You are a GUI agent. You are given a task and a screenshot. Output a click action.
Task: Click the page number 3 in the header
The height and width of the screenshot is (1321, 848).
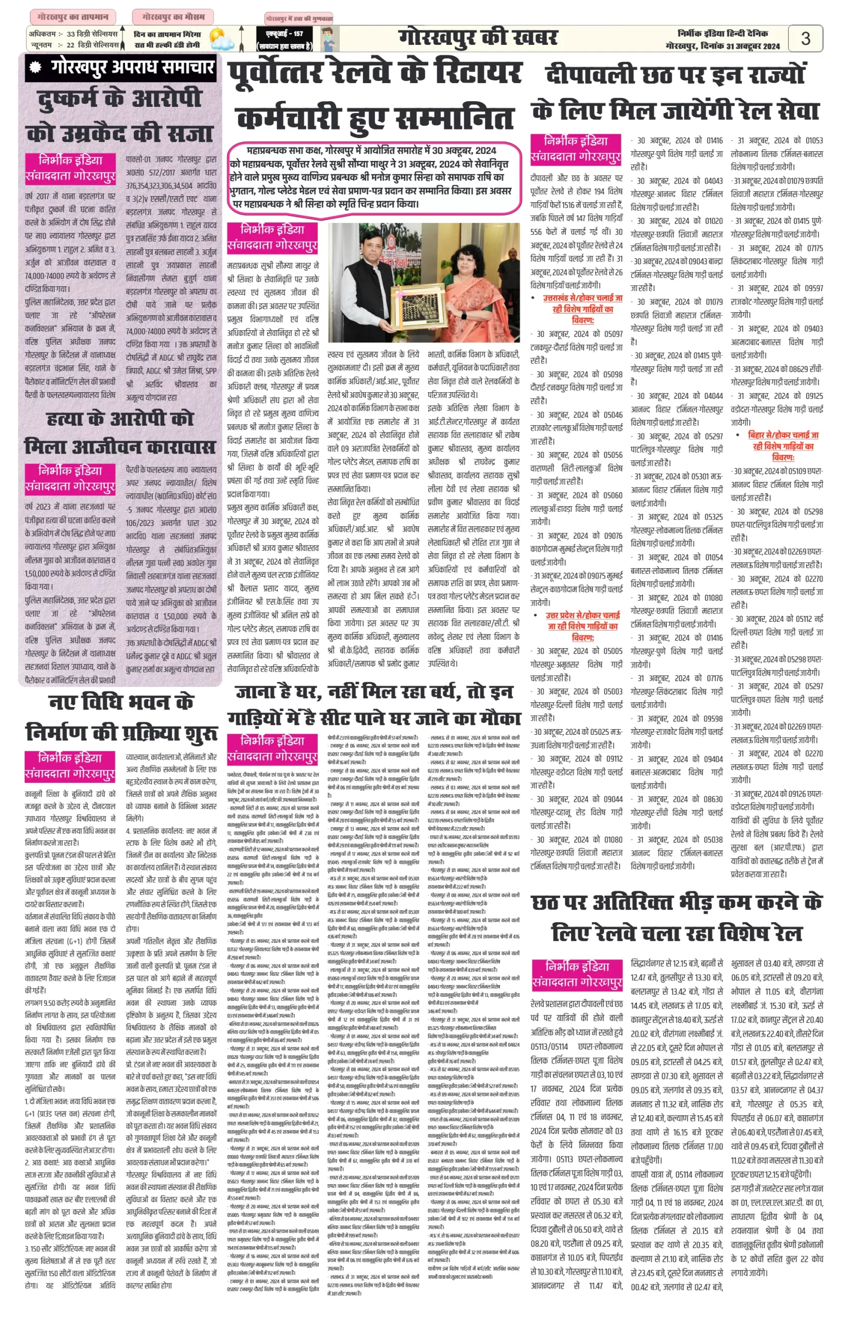tap(805, 39)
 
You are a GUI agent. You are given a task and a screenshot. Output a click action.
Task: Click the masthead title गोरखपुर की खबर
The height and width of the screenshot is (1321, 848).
tap(478, 38)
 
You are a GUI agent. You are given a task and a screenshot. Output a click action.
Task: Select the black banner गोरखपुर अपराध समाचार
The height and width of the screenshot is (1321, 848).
tap(121, 68)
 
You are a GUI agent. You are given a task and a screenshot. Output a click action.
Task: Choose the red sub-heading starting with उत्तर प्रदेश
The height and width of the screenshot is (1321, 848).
tap(583, 626)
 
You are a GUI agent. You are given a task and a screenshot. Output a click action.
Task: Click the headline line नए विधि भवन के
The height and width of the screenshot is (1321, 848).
tap(121, 703)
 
